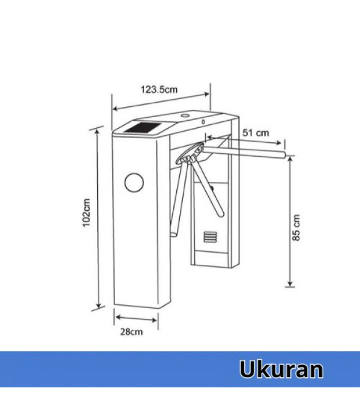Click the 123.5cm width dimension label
[159, 89]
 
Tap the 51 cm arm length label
[256, 132]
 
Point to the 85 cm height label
[296, 227]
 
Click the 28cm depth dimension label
[132, 332]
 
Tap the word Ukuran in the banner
[281, 369]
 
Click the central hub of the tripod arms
[191, 157]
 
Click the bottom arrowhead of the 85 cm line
[289, 285]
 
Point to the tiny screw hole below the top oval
[203, 121]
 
